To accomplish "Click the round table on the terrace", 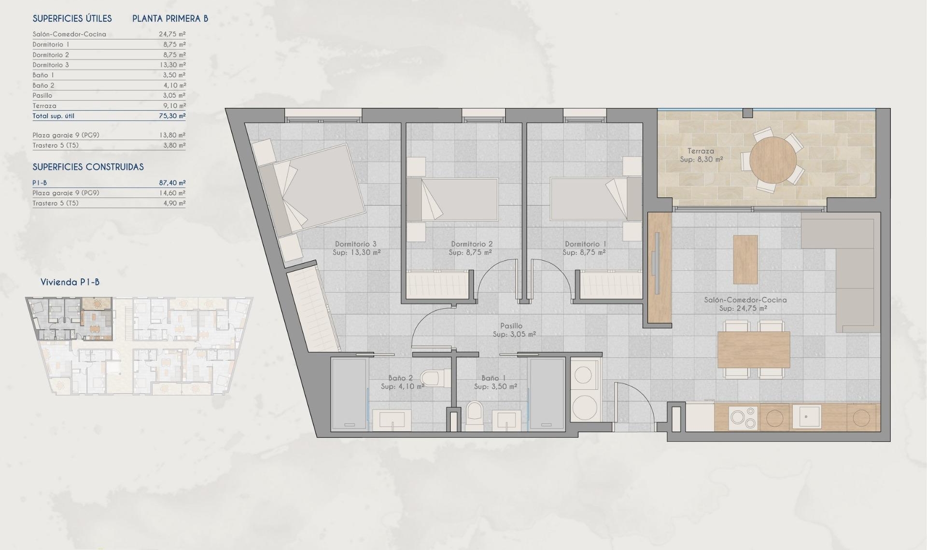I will [773, 160].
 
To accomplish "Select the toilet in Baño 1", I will [475, 416].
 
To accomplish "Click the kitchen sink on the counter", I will [806, 416].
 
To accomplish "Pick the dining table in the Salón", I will [753, 349].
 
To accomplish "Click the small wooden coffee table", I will [745, 259].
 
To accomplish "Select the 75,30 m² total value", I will [172, 116].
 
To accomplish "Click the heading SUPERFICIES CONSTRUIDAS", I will [88, 167].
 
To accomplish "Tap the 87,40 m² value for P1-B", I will [172, 183].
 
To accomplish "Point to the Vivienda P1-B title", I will [70, 282].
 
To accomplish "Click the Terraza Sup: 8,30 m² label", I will [701, 155].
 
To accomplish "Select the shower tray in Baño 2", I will [349, 394].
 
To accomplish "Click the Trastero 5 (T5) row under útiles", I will [56, 145].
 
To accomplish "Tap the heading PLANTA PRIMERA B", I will [170, 19].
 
